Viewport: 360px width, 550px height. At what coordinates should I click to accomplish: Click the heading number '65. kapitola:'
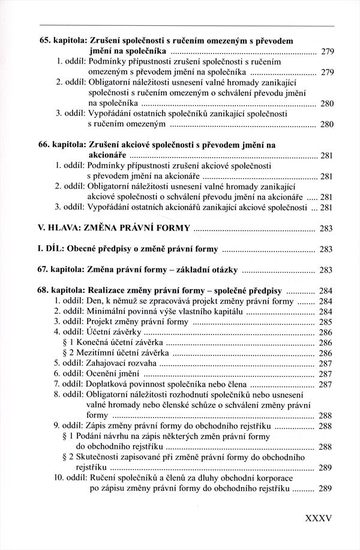point(59,40)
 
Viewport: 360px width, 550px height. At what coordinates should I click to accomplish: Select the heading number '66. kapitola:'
point(59,145)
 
